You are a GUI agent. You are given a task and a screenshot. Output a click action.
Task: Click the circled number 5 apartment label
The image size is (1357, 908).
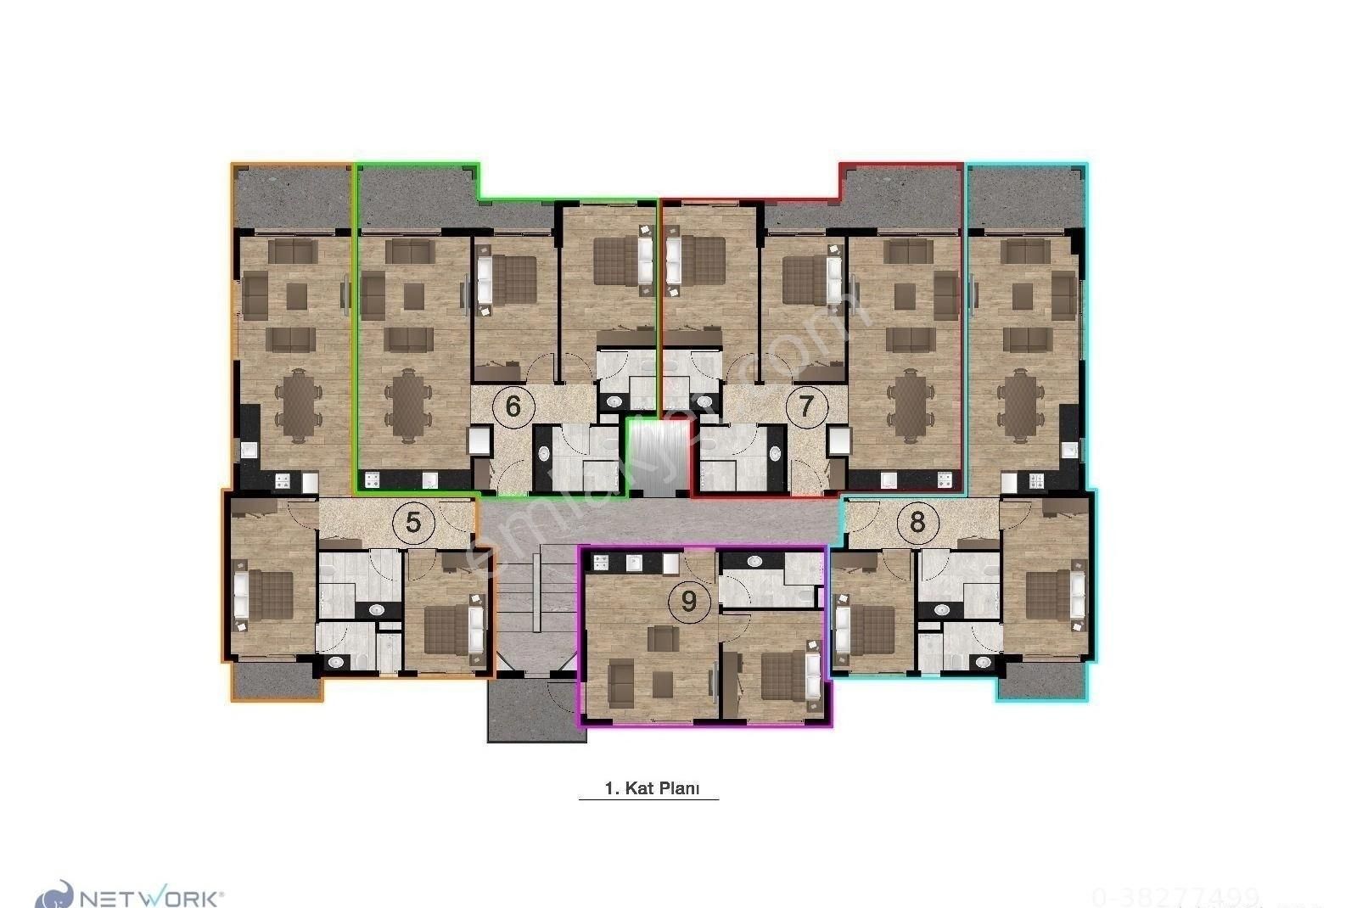click(x=413, y=522)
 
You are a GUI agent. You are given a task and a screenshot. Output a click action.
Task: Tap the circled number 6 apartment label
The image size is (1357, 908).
click(x=513, y=406)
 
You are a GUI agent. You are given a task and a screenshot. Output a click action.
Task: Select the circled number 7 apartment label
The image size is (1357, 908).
click(x=806, y=406)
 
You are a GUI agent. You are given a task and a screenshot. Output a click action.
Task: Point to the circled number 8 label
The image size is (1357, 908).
click(x=917, y=521)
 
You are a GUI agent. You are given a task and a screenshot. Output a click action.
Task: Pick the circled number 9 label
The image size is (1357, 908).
click(x=688, y=601)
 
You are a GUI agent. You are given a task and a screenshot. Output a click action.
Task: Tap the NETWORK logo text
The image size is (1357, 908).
click(x=151, y=897)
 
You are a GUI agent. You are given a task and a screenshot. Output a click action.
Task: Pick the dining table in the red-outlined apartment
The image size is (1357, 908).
click(x=911, y=406)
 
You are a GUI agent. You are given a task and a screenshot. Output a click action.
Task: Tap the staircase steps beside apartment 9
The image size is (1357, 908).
click(x=536, y=594)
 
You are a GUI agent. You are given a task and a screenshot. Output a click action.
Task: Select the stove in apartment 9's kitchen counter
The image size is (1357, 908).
click(x=603, y=561)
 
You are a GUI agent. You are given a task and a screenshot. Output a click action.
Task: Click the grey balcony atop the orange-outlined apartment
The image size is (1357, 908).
click(x=291, y=196)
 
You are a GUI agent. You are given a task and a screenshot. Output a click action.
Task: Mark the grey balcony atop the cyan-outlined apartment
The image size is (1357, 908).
click(x=1026, y=196)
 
